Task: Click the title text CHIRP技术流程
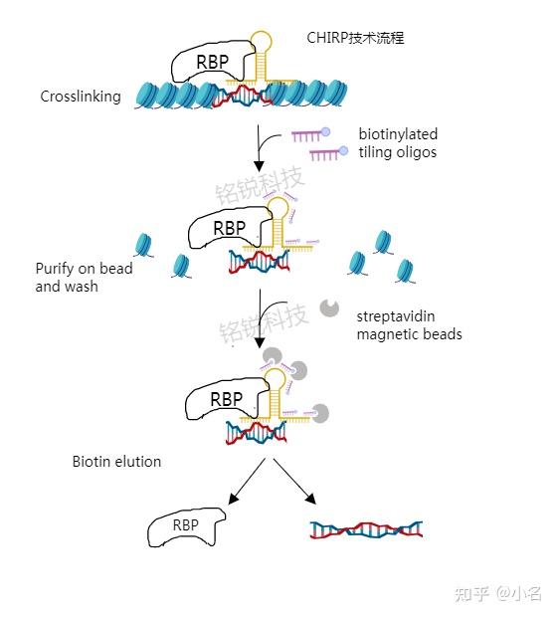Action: point(355,38)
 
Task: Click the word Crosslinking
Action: point(81,97)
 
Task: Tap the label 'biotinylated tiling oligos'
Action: point(398,143)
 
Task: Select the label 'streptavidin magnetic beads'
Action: point(409,325)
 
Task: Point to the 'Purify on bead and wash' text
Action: point(84,277)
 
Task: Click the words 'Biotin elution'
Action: point(116,462)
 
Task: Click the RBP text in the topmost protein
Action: point(213,62)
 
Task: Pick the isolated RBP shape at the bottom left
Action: point(186,526)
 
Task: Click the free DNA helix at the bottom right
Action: point(366,529)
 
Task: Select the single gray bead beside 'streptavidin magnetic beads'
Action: point(329,308)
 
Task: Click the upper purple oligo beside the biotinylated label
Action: point(310,135)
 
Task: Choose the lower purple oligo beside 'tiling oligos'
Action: point(328,153)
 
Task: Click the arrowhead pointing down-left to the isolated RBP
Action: point(234,499)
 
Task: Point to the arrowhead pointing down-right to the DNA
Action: point(310,499)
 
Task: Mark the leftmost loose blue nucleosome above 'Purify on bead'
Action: point(143,245)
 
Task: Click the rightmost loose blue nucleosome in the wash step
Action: point(405,271)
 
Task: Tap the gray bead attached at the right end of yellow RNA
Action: point(320,413)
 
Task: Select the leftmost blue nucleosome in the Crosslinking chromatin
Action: point(147,96)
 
